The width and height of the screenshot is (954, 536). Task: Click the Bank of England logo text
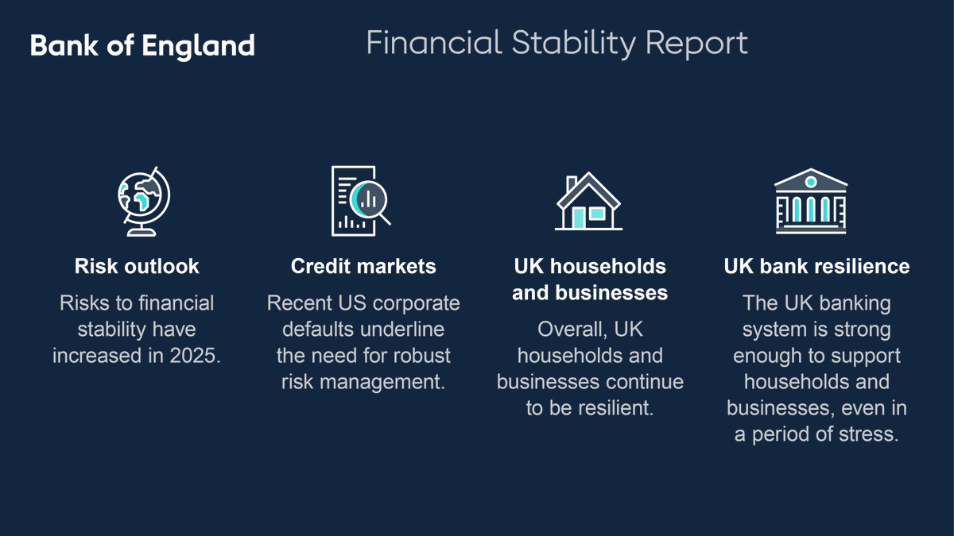tap(142, 46)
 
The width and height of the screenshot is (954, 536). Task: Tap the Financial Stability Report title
tap(556, 44)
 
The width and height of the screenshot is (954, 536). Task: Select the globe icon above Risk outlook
tap(144, 201)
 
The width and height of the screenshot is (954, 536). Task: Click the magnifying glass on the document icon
tap(370, 201)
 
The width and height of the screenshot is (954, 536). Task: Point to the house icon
tap(588, 201)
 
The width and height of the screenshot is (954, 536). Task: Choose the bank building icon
tap(811, 201)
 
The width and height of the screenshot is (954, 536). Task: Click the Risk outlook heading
tap(137, 266)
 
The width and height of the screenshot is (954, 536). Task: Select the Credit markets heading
tap(363, 266)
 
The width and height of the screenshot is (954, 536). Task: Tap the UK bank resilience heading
tap(817, 266)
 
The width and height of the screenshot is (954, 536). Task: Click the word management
tap(382, 383)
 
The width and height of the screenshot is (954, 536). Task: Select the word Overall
tap(572, 330)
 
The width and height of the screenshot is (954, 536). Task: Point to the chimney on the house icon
tap(572, 183)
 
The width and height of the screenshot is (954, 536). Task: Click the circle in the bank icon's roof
tap(811, 182)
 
